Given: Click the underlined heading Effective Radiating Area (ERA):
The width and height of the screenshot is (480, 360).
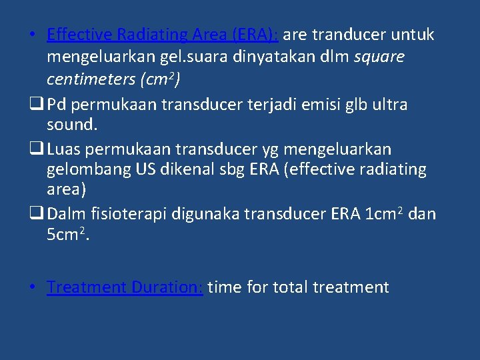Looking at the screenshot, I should point(163,35).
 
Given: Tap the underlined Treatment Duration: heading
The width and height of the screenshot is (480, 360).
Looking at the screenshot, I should point(125,287).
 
